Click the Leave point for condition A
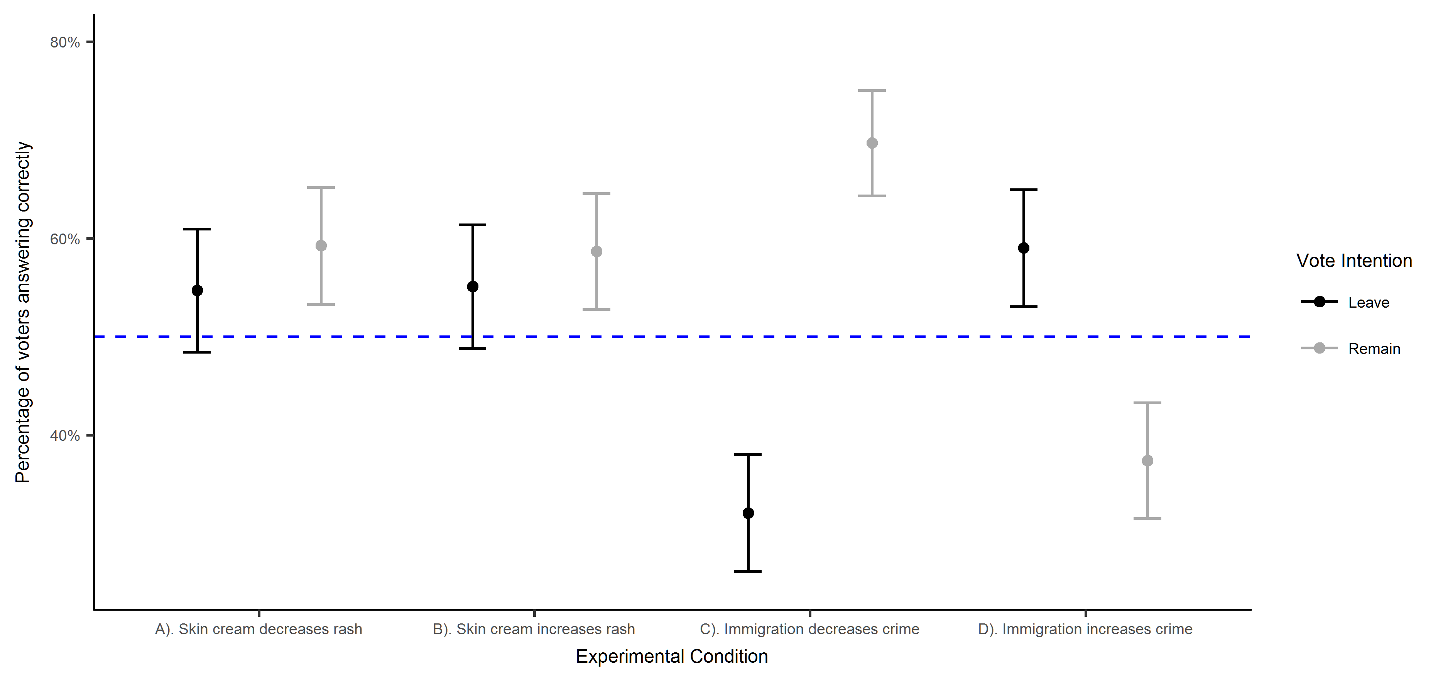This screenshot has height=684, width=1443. coord(197,290)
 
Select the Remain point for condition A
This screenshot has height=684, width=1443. coord(321,245)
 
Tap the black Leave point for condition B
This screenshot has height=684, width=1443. coord(473,287)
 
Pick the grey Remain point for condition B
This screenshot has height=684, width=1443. coord(596,252)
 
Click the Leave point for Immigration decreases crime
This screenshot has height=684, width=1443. coord(748,513)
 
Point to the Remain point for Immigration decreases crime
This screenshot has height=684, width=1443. coord(872,143)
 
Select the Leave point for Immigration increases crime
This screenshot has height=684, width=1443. coord(1024,248)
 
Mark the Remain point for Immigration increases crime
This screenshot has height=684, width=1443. coord(1147,461)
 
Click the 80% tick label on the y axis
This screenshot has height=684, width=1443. coord(65,42)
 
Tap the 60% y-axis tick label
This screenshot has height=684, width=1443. coord(65,239)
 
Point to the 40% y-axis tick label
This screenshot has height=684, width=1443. coord(65,436)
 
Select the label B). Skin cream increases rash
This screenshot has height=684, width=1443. coord(534,630)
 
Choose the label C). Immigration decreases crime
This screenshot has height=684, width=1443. coord(809,630)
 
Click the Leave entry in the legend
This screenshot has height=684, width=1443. coord(1369,303)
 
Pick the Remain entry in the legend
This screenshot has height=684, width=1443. coord(1374,349)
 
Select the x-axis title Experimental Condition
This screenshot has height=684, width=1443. coord(672,657)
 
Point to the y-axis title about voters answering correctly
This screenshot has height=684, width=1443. coord(23,312)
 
